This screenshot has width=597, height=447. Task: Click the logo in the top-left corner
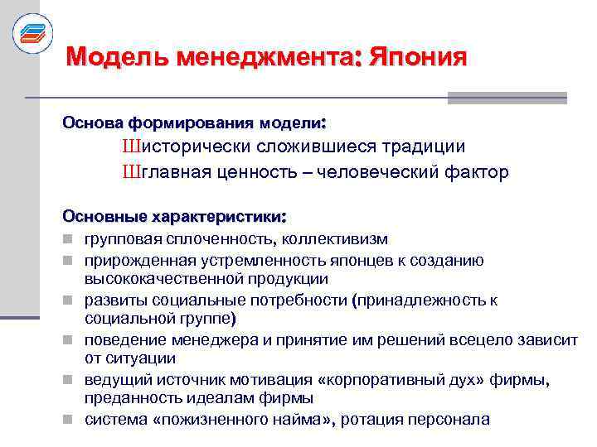click(32, 33)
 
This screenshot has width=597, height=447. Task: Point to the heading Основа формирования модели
click(194, 123)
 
